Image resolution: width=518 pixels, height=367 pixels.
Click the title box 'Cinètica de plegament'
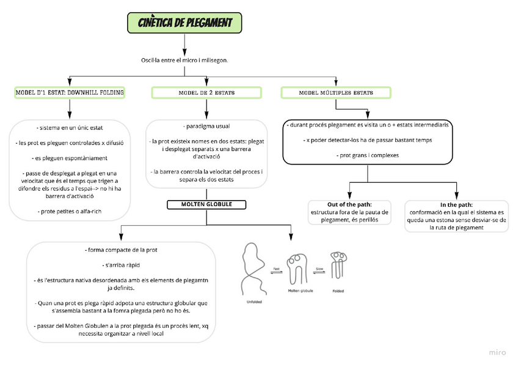coord(184,23)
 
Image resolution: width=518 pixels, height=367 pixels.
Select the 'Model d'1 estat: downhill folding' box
coord(70,93)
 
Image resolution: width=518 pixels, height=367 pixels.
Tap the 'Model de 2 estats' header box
coord(206,93)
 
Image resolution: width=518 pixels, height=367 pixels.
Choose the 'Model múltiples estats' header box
coord(335,93)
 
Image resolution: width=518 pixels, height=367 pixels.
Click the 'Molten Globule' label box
coord(206,204)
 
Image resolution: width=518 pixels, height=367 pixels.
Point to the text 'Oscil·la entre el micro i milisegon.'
coord(184,60)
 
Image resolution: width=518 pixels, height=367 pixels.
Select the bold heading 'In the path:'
coord(456,204)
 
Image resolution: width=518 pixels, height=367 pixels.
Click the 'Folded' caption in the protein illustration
coord(338,291)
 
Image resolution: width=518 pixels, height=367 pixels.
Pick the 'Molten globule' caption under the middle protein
coord(301,291)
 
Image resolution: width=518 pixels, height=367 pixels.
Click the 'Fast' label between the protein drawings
coord(277,269)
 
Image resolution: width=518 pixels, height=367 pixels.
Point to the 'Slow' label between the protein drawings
coord(319,269)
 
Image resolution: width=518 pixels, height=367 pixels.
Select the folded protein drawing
coord(338,266)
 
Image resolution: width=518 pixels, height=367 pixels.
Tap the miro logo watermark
coord(498,352)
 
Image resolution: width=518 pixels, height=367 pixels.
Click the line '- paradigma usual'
coord(206,126)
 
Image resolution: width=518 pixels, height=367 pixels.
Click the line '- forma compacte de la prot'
coord(121,250)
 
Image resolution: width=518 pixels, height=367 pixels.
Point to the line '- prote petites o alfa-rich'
coord(70,211)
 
